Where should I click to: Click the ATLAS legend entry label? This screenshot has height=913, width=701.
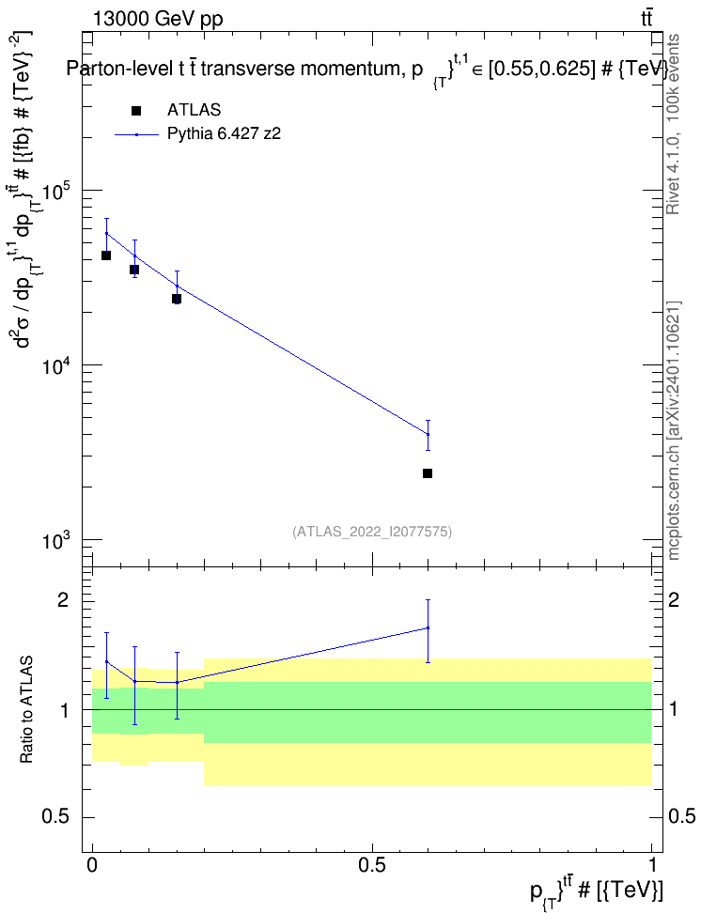tap(194, 110)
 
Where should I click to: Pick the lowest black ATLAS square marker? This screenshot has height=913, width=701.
tap(428, 473)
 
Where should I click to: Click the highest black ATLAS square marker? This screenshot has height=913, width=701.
tap(106, 255)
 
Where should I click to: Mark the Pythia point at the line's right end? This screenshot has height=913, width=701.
tap(428, 434)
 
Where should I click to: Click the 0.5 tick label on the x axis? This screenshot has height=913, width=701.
tap(372, 865)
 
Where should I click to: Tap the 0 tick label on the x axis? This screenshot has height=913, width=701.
tap(92, 865)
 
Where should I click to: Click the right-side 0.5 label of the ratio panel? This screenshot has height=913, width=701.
tap(680, 816)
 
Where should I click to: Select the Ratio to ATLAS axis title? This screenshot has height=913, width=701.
tap(26, 710)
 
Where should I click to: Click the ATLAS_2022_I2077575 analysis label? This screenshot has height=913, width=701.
tap(372, 532)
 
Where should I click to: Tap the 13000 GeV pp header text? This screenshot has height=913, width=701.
tap(157, 19)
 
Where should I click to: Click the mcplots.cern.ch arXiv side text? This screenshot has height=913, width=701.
tap(674, 431)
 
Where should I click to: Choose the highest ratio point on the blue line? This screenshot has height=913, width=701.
tap(428, 627)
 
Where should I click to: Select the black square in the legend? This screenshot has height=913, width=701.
tap(136, 111)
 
